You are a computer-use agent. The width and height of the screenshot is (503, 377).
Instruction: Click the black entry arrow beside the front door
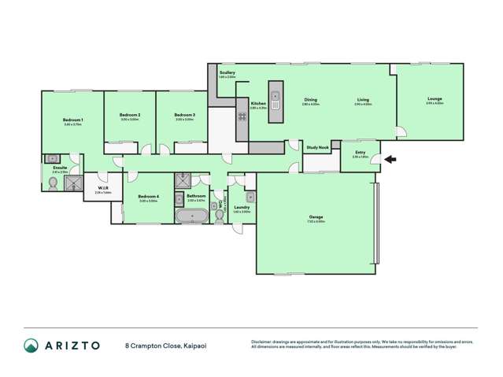(x=390, y=160)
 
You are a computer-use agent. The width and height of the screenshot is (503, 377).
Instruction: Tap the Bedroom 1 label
(x=73, y=120)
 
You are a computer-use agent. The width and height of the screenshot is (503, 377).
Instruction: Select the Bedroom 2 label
(x=130, y=115)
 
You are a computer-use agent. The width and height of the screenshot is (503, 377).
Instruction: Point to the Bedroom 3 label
(x=184, y=115)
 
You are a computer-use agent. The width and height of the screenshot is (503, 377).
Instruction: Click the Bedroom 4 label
(x=148, y=196)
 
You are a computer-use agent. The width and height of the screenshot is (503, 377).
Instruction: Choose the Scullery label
(x=227, y=73)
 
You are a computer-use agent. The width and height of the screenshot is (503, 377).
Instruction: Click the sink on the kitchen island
(x=276, y=99)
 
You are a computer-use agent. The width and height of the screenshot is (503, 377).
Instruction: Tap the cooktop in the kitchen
(x=242, y=116)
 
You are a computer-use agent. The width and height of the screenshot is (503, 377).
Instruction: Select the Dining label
(x=311, y=99)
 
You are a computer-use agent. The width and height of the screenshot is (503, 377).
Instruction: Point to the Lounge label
(x=435, y=98)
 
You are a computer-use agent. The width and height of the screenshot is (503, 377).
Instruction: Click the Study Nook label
(x=318, y=147)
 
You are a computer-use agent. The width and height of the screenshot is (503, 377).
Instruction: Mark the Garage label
(x=316, y=216)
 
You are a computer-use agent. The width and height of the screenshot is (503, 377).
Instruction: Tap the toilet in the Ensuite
(x=53, y=183)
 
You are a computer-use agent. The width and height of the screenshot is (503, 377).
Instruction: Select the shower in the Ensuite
(x=73, y=183)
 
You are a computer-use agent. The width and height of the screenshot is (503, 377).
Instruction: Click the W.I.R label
(x=102, y=187)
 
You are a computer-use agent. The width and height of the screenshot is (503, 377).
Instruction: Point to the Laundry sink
(x=250, y=197)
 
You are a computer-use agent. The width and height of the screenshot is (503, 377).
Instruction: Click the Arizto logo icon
(x=31, y=345)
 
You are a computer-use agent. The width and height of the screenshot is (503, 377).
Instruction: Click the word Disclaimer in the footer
(x=264, y=342)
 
